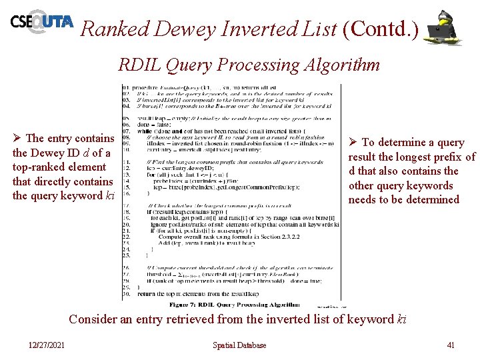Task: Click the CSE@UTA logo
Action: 41,23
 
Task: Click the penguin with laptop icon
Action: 444,28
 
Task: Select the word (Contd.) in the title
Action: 380,29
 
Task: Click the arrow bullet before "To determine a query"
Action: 353,143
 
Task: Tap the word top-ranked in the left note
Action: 37,167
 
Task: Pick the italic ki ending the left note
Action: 111,195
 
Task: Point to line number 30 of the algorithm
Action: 126,293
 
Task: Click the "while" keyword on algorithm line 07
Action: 144,131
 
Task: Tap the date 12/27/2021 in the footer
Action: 47,345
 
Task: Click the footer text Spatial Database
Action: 239,345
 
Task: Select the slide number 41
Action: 451,345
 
